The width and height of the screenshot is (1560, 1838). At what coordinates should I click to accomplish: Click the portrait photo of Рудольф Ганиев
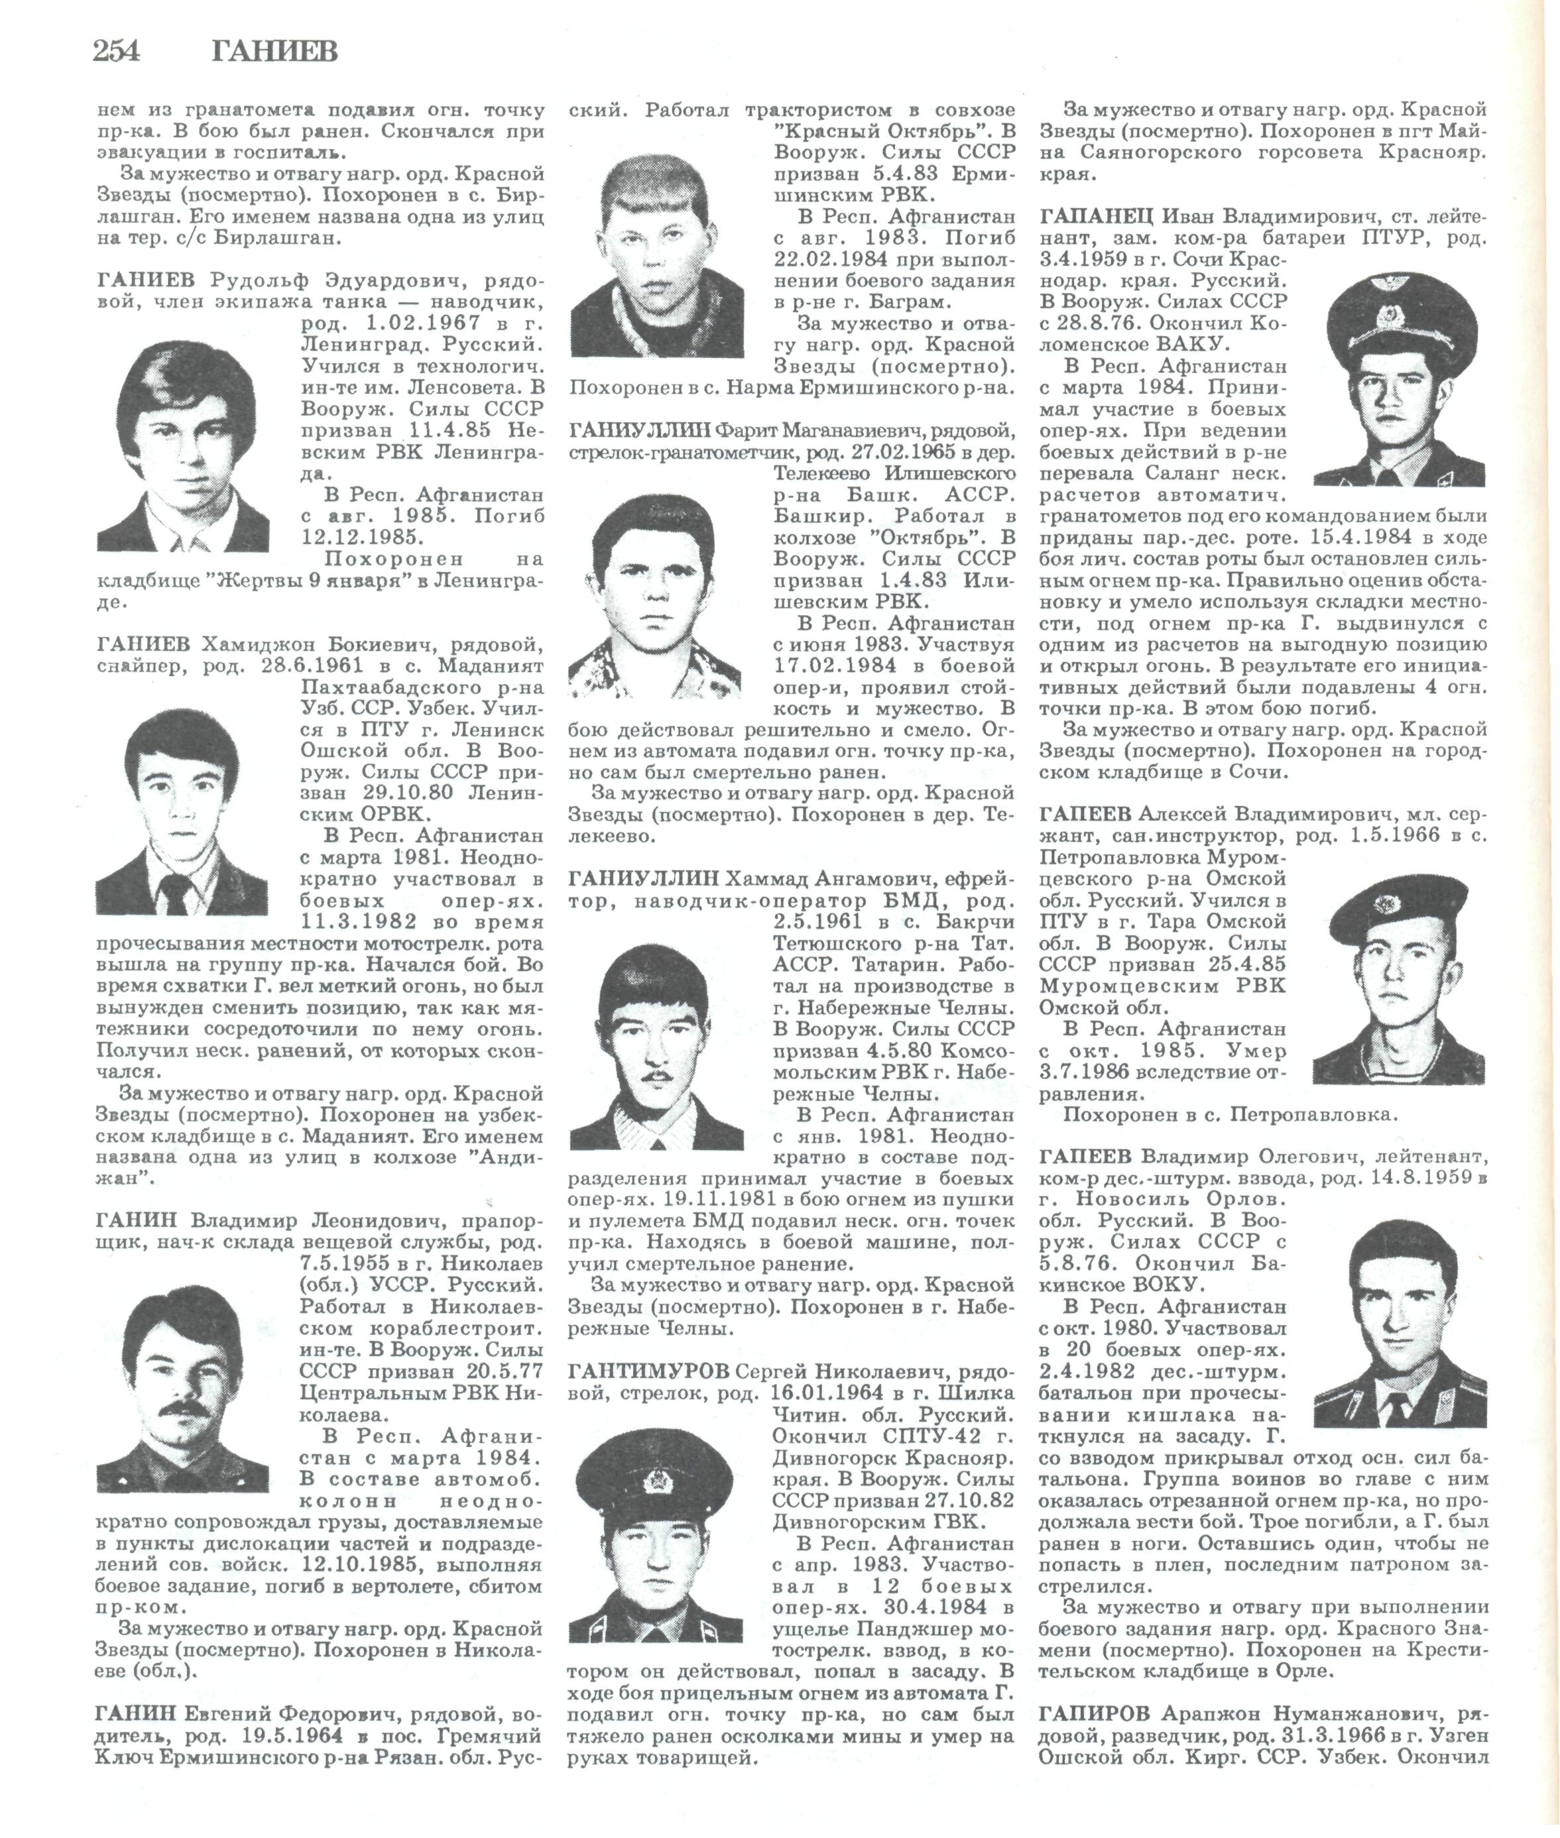(183, 447)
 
